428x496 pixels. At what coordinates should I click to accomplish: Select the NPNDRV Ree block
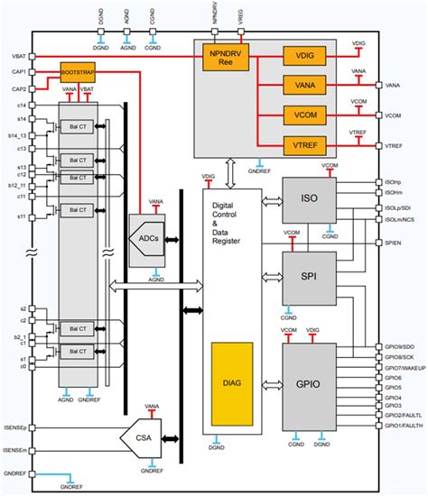[x=221, y=59]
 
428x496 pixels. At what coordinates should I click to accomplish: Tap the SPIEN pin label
[x=395, y=243]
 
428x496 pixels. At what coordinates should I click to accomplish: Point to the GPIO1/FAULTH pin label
[x=404, y=425]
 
